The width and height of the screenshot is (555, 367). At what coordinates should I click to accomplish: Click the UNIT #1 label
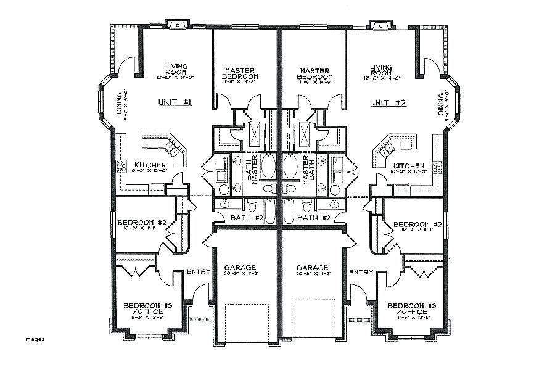[176, 103]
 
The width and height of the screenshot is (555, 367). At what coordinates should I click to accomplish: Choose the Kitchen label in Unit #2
[408, 166]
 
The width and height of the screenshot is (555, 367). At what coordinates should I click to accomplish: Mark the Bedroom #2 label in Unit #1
[141, 223]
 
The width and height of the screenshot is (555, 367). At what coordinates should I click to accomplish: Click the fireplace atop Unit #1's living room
[179, 25]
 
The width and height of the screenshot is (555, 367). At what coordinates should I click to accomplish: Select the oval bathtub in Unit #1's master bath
[268, 167]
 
